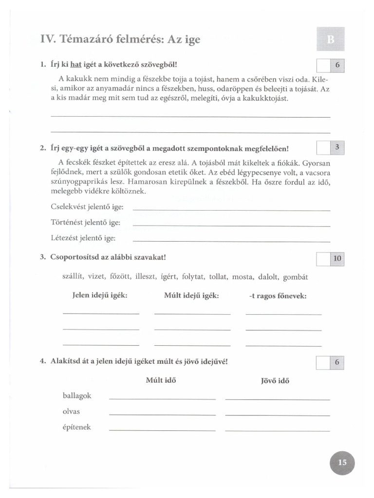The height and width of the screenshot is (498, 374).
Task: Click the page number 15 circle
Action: (x=341, y=462)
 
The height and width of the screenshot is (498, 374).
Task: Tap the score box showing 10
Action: (x=337, y=259)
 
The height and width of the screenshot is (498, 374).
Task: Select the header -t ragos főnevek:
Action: (x=278, y=296)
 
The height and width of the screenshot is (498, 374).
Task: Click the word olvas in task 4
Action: (x=71, y=411)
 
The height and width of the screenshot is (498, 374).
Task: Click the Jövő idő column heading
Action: (x=275, y=381)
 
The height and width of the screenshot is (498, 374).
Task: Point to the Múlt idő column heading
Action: (x=161, y=380)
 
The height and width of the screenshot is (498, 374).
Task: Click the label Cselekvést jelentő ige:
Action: (x=87, y=207)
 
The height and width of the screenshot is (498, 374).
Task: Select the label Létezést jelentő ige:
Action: (x=83, y=238)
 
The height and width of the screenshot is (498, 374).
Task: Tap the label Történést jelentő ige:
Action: (x=85, y=223)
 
